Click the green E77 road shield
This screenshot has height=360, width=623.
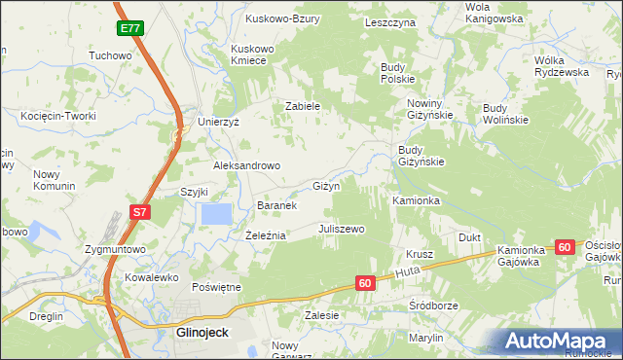coord(130,29)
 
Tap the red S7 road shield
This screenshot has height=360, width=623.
coord(140,211)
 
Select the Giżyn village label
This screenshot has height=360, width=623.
coord(325,186)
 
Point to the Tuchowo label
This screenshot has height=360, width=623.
coord(110,55)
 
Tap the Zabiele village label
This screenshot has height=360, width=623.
coord(303,107)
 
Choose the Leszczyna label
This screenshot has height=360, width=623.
coord(390,21)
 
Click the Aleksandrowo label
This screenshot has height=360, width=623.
coord(247,165)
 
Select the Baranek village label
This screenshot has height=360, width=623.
coord(275,206)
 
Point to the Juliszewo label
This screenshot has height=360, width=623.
coord(341,230)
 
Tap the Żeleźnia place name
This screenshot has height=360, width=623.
coord(265,235)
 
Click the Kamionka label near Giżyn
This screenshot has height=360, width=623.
coord(417,200)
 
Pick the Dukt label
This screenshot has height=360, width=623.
coord(470,236)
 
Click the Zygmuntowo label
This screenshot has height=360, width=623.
coord(115,249)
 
